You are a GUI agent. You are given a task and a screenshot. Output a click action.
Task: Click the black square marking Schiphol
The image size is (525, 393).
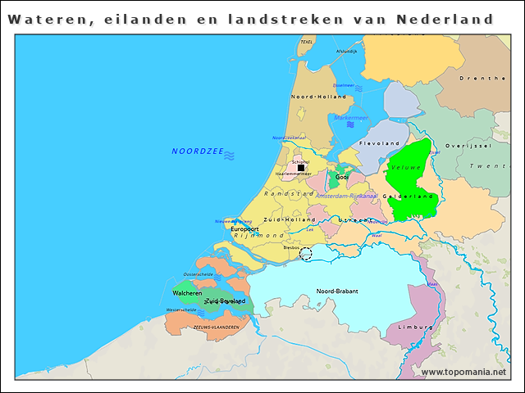pos(301,169)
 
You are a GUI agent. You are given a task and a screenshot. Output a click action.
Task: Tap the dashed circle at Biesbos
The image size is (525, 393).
pos(306,254)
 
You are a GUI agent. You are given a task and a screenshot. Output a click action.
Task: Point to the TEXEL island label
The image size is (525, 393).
pos(307,42)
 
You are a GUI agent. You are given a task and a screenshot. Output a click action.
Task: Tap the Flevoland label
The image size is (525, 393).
pos(378,143)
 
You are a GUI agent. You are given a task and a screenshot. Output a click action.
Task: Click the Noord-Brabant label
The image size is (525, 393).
pos(338,291)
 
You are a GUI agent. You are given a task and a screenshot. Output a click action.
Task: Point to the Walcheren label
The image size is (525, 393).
pos(187,292)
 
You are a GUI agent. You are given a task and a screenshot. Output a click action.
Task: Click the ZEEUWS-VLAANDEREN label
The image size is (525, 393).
pos(216,327)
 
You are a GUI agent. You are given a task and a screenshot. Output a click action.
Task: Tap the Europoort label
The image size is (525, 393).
pos(244,228)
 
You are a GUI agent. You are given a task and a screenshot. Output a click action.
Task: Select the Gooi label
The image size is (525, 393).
pos(342,176)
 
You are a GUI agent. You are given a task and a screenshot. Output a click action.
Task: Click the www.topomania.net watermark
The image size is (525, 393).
pos(463,372)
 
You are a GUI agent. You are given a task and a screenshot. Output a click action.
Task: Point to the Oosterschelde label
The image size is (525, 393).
pos(199,274)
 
